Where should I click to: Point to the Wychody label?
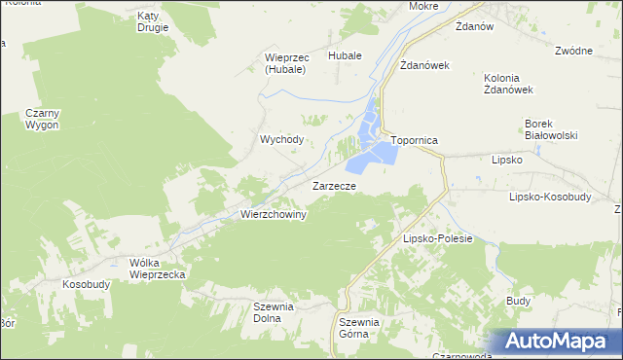[281, 139]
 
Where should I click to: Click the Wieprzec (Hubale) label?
[285, 63]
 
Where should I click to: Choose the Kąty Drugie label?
[153, 21]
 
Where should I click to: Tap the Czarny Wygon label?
[42, 119]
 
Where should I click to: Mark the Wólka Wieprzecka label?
[157, 269]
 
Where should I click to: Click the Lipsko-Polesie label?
[437, 238]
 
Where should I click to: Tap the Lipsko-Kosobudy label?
[551, 196]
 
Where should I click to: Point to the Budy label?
[518, 302]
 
